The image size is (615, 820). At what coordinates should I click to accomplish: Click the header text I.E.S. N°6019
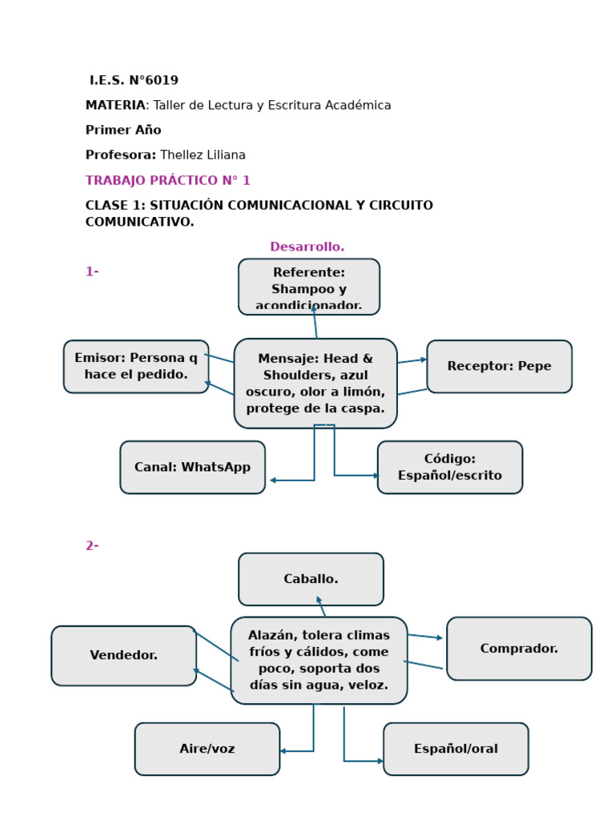pyautogui.click(x=134, y=81)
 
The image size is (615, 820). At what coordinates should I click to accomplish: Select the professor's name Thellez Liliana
pyautogui.click(x=203, y=155)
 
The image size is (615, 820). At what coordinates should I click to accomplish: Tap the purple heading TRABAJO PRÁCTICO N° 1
pyautogui.click(x=167, y=181)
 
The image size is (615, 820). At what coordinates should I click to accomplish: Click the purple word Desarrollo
pyautogui.click(x=307, y=247)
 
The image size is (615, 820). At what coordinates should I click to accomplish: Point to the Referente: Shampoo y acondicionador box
pyautogui.click(x=308, y=287)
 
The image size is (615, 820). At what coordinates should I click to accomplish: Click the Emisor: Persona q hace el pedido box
pyautogui.click(x=136, y=367)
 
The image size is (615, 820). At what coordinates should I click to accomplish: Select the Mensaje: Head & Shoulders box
pyautogui.click(x=316, y=384)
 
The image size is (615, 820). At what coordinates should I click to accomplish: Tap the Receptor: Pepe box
pyautogui.click(x=499, y=367)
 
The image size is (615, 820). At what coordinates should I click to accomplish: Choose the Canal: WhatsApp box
pyautogui.click(x=192, y=468)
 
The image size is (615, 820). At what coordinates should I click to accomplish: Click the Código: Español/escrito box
pyautogui.click(x=449, y=468)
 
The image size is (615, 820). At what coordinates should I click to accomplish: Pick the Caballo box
pyautogui.click(x=311, y=579)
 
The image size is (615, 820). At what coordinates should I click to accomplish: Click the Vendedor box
pyautogui.click(x=123, y=656)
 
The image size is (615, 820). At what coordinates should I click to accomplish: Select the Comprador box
pyautogui.click(x=519, y=649)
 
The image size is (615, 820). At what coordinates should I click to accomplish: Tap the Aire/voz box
pyautogui.click(x=207, y=750)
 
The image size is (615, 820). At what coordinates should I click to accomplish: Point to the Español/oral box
pyautogui.click(x=456, y=750)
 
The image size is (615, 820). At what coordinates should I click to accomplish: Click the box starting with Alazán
pyautogui.click(x=319, y=661)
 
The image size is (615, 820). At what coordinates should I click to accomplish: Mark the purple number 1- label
pyautogui.click(x=92, y=272)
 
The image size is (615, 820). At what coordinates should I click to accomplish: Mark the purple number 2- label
pyautogui.click(x=92, y=546)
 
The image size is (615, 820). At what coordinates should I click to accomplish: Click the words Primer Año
pyautogui.click(x=123, y=131)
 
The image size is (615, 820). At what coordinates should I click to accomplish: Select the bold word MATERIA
pyautogui.click(x=115, y=106)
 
